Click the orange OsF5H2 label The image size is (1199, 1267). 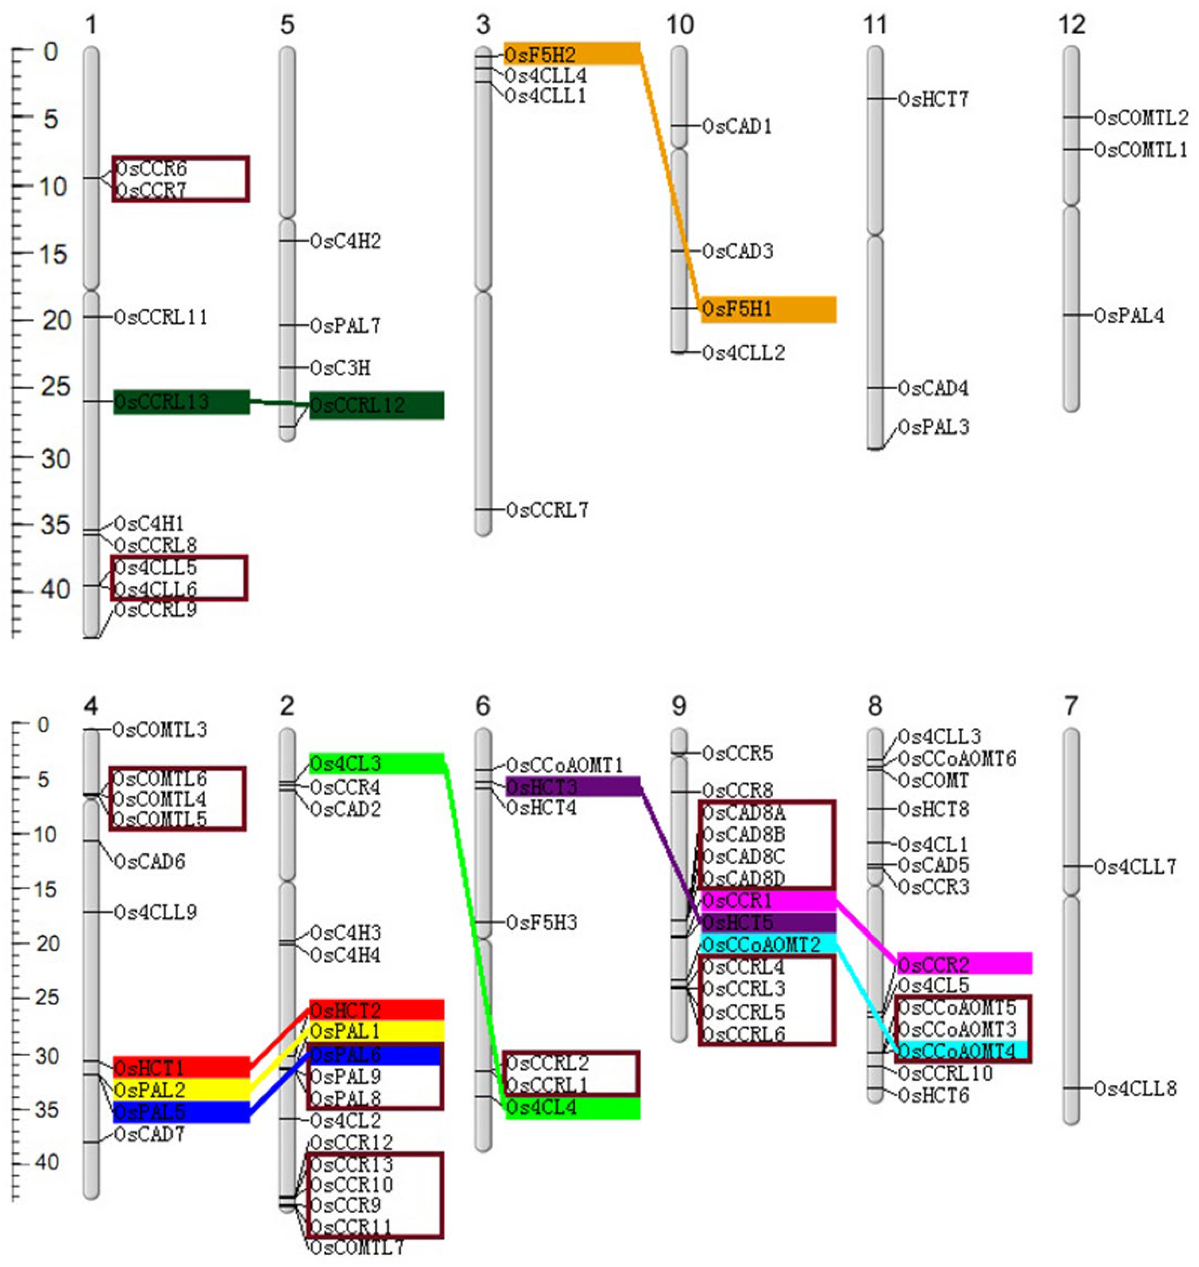tap(540, 55)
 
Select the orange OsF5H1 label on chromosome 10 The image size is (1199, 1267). tap(737, 309)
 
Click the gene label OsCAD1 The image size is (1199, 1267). tap(737, 127)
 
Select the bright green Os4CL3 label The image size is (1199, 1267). tap(345, 763)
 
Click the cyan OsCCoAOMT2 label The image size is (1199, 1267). tap(761, 944)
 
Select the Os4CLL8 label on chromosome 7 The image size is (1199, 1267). tap(1135, 1089)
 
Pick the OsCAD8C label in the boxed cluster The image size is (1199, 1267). tap(743, 857)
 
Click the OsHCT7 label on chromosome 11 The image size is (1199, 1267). tap(933, 100)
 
